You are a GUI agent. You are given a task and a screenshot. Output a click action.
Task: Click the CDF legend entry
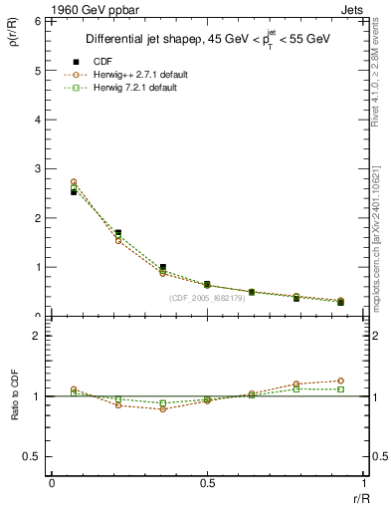pyautogui.click(x=103, y=61)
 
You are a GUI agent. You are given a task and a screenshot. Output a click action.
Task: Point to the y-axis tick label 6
pyautogui.click(x=38, y=21)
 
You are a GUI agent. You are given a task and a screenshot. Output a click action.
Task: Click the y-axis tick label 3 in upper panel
pyautogui.click(x=38, y=168)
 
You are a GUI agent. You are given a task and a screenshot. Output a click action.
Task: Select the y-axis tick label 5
pyautogui.click(x=38, y=71)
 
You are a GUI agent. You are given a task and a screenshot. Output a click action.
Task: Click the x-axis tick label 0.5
pyautogui.click(x=206, y=484)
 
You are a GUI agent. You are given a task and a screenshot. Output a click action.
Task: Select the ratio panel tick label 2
pyautogui.click(x=38, y=337)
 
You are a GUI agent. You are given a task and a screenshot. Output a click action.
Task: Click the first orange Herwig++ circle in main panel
pyautogui.click(x=74, y=182)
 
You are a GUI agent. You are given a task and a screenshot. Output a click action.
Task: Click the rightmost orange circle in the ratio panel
pyautogui.click(x=339, y=381)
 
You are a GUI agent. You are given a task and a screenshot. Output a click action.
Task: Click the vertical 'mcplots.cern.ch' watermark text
pyautogui.click(x=378, y=239)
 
